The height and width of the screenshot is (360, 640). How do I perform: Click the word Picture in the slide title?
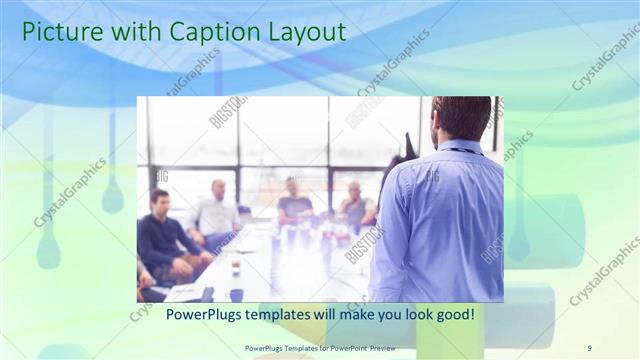tap(60, 32)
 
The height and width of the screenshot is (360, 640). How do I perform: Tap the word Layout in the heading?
tap(300, 32)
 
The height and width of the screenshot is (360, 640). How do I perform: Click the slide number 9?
tap(589, 347)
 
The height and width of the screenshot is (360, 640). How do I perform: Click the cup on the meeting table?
tap(235, 268)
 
